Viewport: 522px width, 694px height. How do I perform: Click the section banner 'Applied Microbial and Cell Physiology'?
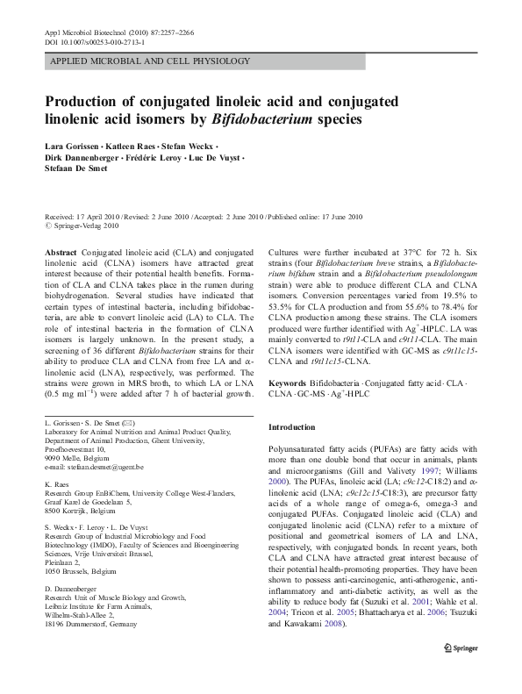(151, 61)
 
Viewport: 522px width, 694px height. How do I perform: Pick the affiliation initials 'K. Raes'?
(56, 483)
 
